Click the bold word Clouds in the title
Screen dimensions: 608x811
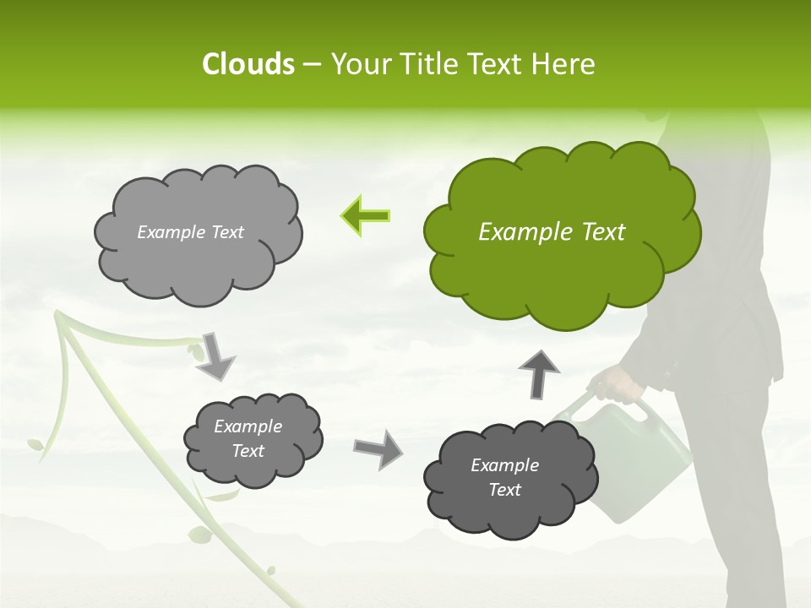(x=248, y=64)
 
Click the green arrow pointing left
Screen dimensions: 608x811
(x=365, y=216)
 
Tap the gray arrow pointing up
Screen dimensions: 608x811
(x=539, y=373)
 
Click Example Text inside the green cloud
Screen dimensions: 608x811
(x=552, y=232)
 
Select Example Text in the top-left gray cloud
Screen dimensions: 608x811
(x=190, y=232)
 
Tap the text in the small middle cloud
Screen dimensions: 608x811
(x=248, y=438)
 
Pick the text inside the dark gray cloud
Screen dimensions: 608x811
(x=504, y=477)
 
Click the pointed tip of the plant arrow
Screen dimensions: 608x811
(x=57, y=315)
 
